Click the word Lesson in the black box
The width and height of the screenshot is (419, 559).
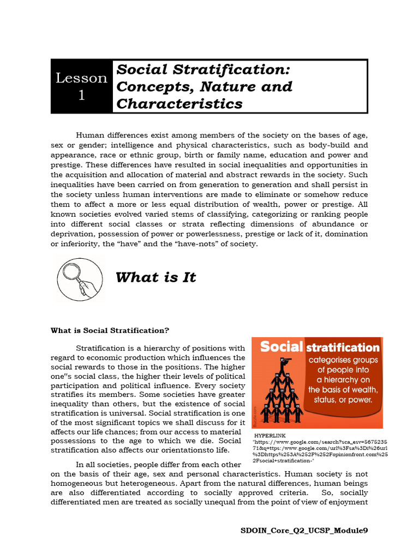tap(81, 78)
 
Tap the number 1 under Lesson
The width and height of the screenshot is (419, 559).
tap(81, 95)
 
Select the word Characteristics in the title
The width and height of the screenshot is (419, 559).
tap(179, 103)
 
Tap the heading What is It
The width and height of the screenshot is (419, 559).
tap(155, 277)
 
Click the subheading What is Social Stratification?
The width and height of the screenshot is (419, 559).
tap(110, 330)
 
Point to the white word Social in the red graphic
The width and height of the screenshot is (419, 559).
tap(280, 347)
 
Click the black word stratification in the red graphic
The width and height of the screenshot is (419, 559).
tap(343, 347)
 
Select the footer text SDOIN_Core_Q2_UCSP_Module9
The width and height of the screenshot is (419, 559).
tap(308, 530)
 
